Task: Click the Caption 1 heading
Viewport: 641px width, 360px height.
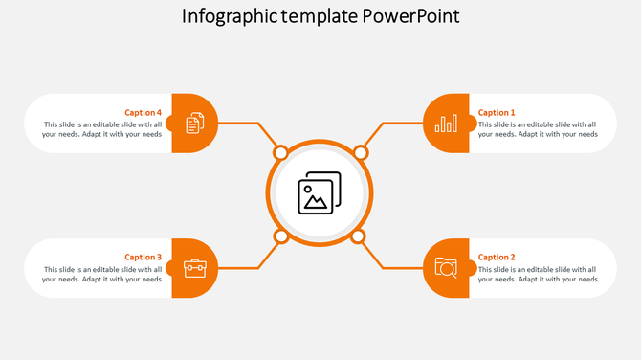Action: click(497, 113)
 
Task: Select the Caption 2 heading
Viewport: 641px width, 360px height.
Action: click(497, 258)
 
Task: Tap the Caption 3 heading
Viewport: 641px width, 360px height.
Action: click(143, 258)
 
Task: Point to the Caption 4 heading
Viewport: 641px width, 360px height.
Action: click(143, 113)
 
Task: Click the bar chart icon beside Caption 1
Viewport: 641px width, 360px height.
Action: click(446, 124)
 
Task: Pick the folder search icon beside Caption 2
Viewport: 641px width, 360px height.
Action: click(446, 268)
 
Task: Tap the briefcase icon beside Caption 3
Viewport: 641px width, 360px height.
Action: click(195, 268)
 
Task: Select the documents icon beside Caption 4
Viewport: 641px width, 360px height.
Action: click(195, 123)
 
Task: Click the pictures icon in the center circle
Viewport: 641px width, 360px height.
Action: click(320, 193)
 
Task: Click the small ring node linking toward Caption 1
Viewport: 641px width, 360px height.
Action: click(361, 153)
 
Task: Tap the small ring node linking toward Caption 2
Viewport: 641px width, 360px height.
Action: click(359, 236)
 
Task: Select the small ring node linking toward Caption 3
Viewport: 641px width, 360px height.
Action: click(281, 236)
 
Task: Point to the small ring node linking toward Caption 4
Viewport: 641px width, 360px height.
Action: click(281, 153)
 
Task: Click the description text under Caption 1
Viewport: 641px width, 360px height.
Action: click(537, 129)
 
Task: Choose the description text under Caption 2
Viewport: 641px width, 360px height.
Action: click(537, 275)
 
